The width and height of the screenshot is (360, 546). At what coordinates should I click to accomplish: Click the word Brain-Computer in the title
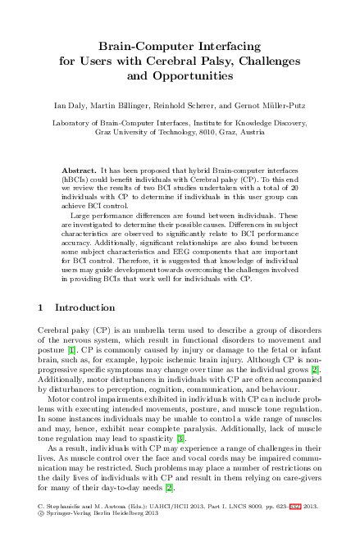point(144,46)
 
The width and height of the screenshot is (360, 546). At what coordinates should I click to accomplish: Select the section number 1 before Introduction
point(42,307)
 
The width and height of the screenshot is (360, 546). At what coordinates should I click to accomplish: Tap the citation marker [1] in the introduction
point(72,348)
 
